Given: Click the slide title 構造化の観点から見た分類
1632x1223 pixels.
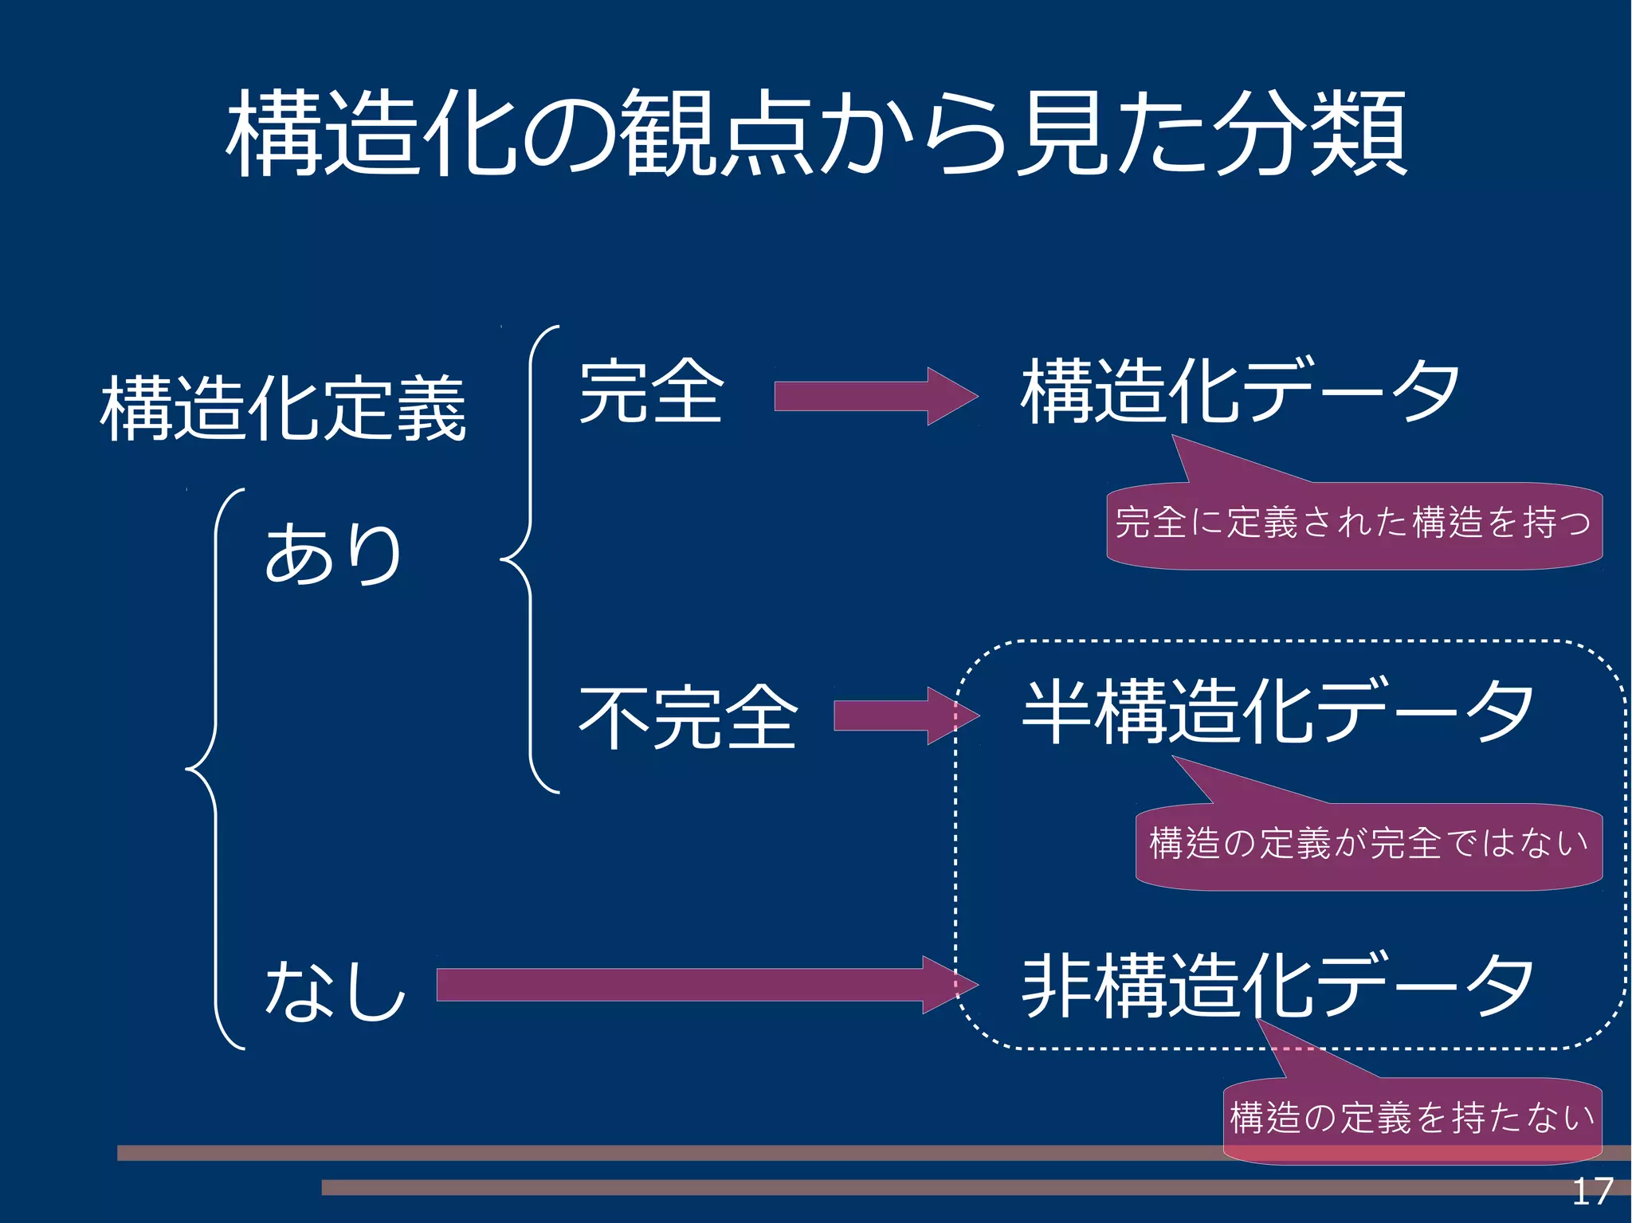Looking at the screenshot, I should pos(818,133).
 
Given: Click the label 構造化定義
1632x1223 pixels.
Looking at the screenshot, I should pos(283,409).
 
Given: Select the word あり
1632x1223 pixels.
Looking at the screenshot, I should pos(333,554).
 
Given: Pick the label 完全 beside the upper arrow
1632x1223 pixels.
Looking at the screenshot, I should pos(651,392).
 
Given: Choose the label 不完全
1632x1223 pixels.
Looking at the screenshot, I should pos(688,717).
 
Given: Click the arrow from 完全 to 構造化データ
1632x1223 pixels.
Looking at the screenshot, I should pos(875,396).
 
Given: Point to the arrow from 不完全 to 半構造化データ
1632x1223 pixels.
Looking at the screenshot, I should pos(904,715).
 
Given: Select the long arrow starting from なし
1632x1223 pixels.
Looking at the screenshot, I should pos(705,985).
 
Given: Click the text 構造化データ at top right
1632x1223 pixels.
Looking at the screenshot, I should pos(1240,391).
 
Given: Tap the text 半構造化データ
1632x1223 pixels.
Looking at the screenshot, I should pos(1277,711).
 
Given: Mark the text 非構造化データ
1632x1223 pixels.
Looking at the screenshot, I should pos(1277,986).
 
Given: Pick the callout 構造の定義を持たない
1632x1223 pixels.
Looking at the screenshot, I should pos(1411,1118).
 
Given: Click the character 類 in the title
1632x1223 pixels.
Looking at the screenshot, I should pos(1359,133).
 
